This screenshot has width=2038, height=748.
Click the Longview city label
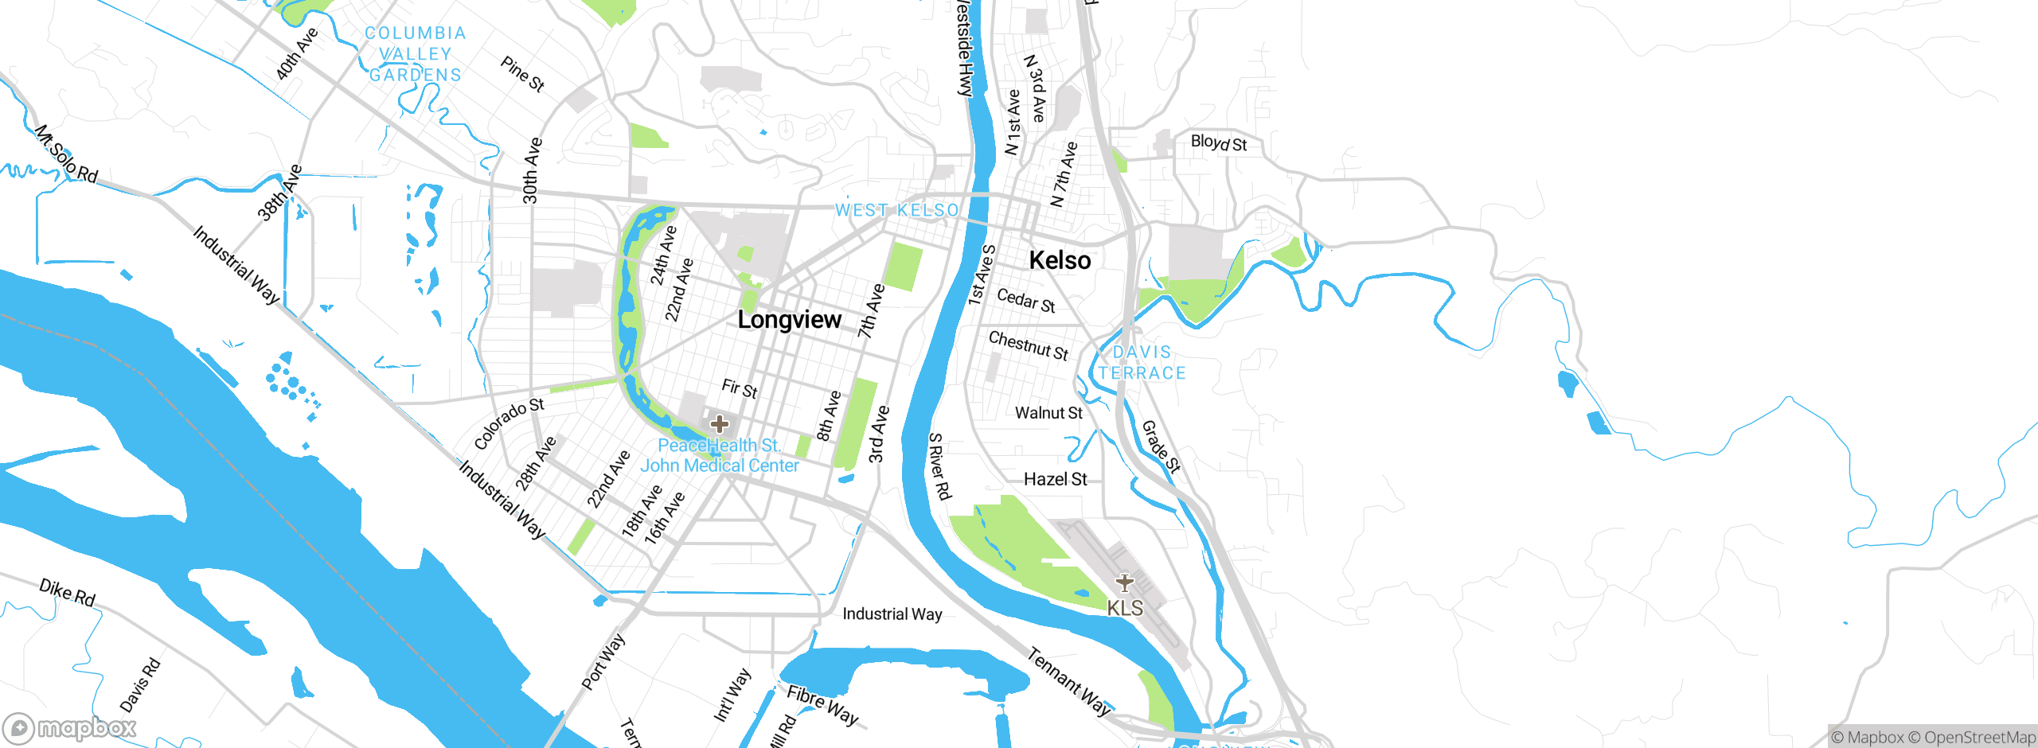(x=789, y=320)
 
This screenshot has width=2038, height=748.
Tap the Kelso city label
(x=1060, y=260)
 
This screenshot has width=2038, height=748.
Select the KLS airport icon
(x=1124, y=583)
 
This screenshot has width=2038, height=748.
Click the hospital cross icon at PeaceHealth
(x=720, y=423)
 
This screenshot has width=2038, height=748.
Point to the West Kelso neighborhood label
(x=896, y=210)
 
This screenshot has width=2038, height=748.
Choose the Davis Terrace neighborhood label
(x=1142, y=362)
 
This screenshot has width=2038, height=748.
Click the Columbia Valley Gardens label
(x=415, y=54)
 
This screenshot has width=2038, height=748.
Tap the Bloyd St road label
(x=1218, y=143)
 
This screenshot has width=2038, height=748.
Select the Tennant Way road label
(x=1068, y=682)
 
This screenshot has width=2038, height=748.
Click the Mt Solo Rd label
(x=66, y=154)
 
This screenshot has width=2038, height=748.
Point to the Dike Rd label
(x=68, y=592)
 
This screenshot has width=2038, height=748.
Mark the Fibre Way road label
(x=822, y=706)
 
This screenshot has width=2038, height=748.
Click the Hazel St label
(x=1055, y=479)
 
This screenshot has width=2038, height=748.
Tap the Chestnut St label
(x=1028, y=346)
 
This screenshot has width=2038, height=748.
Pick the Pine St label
(x=522, y=74)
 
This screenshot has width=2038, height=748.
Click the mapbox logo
(x=70, y=727)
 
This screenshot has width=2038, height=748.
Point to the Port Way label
(x=603, y=661)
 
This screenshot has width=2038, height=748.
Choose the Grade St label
(x=1162, y=447)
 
